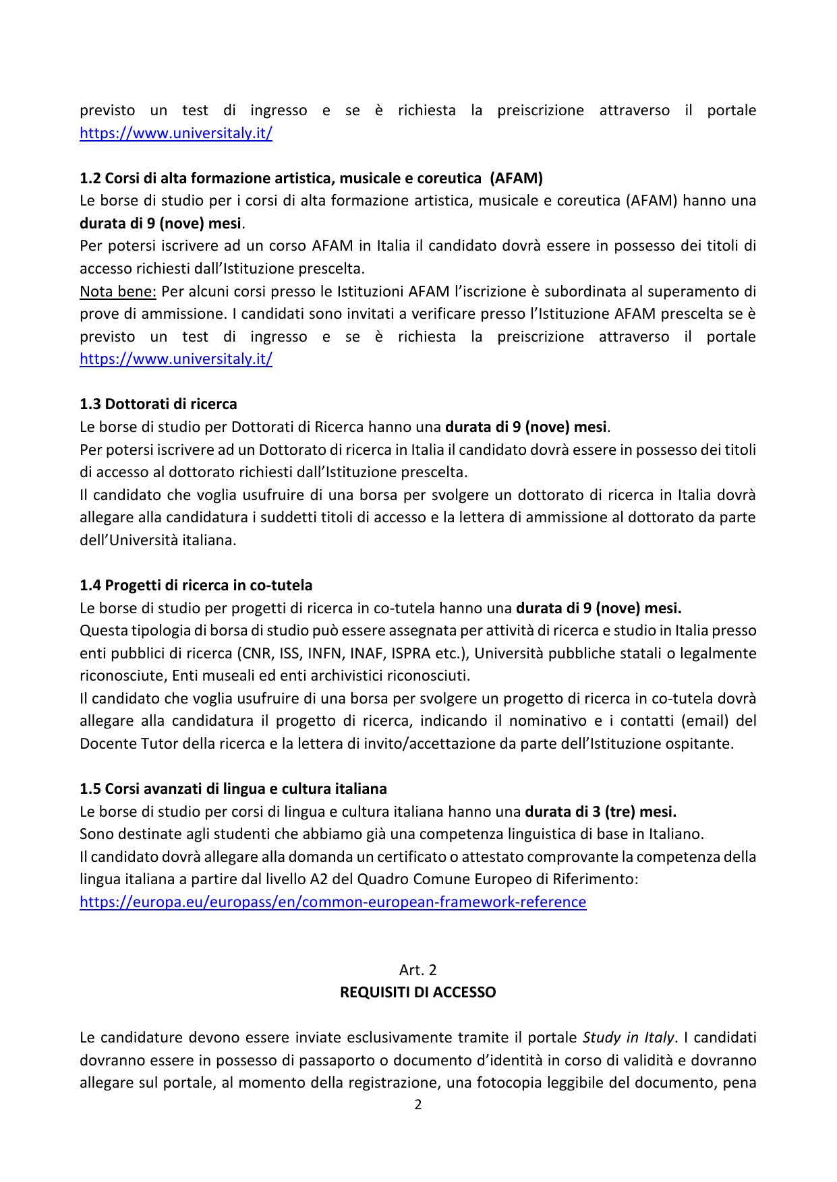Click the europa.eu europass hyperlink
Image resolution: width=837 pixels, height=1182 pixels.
tap(333, 902)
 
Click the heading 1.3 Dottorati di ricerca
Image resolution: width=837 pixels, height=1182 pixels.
tap(158, 404)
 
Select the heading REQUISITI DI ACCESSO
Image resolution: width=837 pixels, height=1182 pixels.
tap(418, 992)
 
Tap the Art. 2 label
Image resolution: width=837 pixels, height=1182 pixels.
tap(418, 970)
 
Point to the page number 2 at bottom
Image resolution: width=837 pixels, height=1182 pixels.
tap(418, 1105)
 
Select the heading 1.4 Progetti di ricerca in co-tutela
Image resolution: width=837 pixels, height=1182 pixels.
tap(196, 585)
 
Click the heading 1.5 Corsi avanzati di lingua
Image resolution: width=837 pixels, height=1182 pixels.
tap(233, 788)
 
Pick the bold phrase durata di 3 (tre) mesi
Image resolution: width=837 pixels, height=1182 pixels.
tap(600, 811)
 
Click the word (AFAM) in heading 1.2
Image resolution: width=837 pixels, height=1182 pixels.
tap(516, 178)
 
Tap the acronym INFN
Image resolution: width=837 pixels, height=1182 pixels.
tap(324, 653)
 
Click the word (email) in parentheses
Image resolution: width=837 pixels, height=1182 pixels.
tap(705, 720)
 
